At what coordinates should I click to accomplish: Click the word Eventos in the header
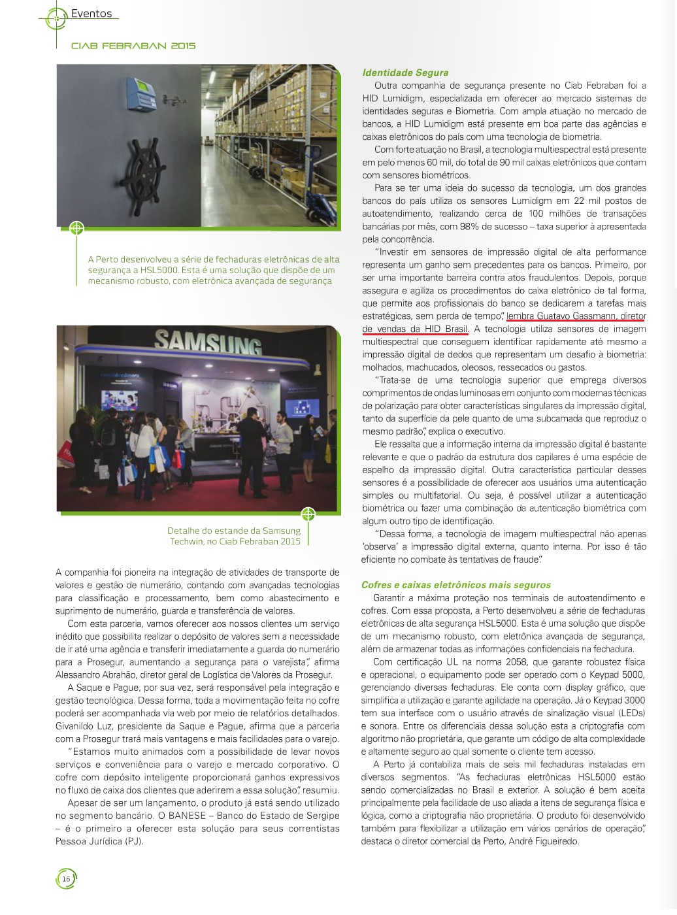[x=91, y=14]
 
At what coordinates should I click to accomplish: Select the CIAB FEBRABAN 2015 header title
[x=133, y=46]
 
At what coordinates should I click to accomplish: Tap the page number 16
[x=66, y=879]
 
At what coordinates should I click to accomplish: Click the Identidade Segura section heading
[x=405, y=73]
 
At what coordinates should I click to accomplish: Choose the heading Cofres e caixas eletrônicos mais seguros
[x=455, y=585]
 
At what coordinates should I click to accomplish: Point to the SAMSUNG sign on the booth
[x=208, y=342]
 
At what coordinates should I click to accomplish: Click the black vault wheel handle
[x=149, y=167]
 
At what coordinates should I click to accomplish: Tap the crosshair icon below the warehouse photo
[x=76, y=228]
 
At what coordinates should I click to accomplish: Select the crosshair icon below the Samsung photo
[x=308, y=514]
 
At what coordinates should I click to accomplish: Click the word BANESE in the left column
[x=187, y=816]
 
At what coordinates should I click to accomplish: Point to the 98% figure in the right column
[x=469, y=227]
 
